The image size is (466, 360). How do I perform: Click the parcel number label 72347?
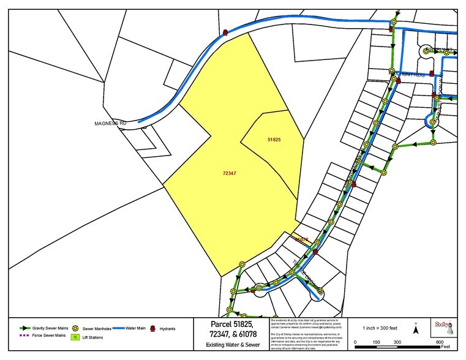pyautogui.click(x=230, y=173)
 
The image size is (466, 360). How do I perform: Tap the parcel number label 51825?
pyautogui.click(x=274, y=140)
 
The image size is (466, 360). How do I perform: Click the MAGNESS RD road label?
pyautogui.click(x=110, y=123)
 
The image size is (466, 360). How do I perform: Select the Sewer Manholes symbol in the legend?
pyautogui.click(x=75, y=328)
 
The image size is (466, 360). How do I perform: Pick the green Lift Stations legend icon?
pyautogui.click(x=75, y=337)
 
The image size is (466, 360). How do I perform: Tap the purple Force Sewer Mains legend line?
pyautogui.click(x=24, y=336)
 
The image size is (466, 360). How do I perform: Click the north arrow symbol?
pyautogui.click(x=416, y=329)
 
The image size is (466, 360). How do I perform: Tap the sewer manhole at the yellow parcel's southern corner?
pyautogui.click(x=242, y=264)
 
